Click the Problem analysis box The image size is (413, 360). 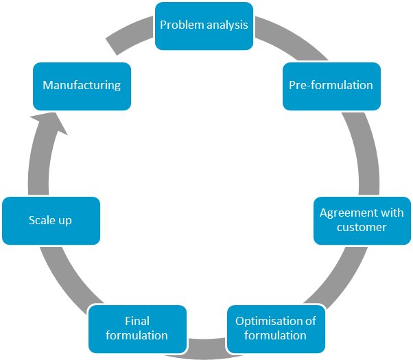click(204, 25)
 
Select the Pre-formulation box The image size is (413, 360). click(331, 86)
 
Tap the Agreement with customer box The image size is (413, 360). click(362, 220)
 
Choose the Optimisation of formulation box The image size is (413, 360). click(276, 328)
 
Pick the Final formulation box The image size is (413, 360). click(137, 328)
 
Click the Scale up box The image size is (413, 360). click(51, 220)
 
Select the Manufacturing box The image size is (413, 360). click(82, 86)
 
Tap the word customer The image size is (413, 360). click(362, 227)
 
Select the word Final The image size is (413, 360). click(137, 321)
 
